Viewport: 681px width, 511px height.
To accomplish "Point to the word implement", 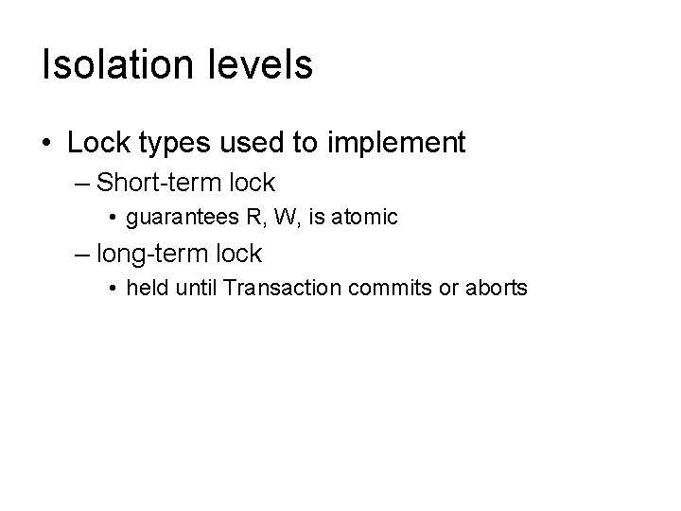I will tap(396, 143).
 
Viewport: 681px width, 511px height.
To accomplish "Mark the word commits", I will tap(382, 289).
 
